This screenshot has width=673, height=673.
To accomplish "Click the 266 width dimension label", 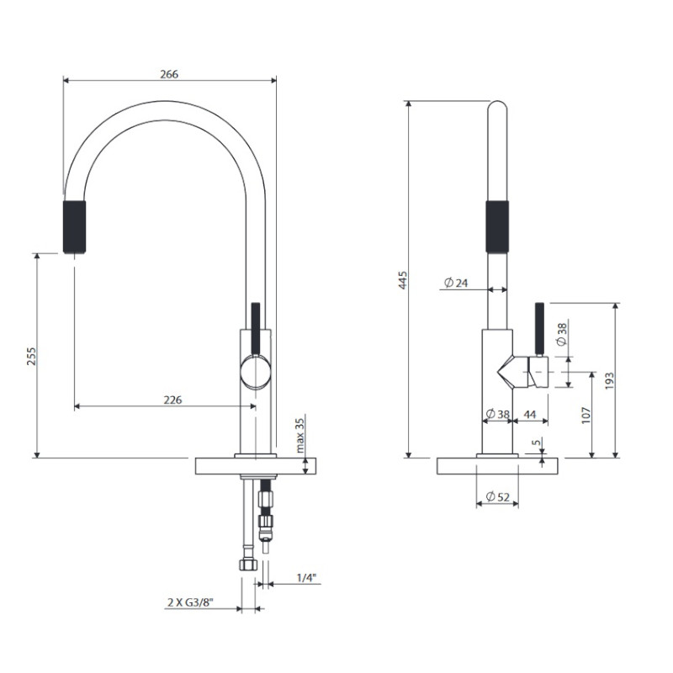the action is (x=169, y=74).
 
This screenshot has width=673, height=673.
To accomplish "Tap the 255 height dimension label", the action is (x=32, y=356).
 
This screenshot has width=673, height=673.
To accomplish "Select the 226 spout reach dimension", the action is (x=172, y=400).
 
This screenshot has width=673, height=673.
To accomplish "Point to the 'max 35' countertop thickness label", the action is (x=299, y=435).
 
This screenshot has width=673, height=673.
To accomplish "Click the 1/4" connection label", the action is (x=306, y=578).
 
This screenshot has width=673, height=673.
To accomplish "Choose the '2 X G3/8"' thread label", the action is (x=190, y=602).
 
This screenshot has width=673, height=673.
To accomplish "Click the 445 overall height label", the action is (x=403, y=279).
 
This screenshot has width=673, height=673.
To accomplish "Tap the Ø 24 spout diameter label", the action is (x=456, y=283).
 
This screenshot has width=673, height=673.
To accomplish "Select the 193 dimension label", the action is (x=609, y=381).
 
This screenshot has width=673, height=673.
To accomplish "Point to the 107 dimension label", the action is (x=586, y=415).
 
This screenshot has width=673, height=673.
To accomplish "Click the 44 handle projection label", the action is (x=530, y=414).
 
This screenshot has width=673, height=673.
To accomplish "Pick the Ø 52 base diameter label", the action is (x=497, y=496).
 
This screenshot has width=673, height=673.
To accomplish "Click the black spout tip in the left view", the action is (x=74, y=227).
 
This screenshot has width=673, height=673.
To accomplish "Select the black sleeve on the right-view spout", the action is (x=497, y=226).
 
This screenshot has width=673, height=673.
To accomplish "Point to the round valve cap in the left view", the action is (x=256, y=373).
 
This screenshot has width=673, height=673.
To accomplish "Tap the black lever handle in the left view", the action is (x=256, y=330).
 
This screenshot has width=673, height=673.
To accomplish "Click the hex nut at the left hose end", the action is (x=247, y=564).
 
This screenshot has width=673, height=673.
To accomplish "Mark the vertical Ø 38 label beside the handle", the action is (x=561, y=334).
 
